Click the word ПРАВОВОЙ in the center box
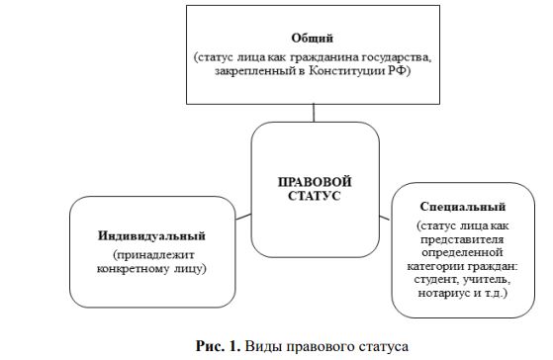[x=315, y=183]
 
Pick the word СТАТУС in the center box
[x=315, y=198]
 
